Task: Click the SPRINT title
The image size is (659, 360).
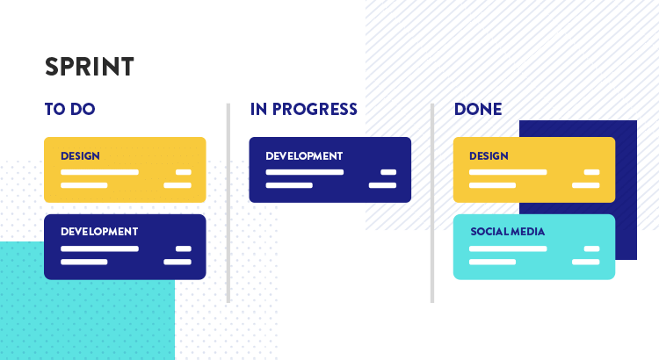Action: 90,67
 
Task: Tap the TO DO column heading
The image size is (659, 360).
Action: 69,109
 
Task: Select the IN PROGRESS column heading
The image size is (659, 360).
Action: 303,109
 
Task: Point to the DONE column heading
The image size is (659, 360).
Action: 478,109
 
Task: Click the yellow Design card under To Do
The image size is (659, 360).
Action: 125,169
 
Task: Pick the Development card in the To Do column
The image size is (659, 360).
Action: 125,247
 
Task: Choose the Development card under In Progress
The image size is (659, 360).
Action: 329,169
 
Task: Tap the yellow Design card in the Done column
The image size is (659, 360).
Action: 534,169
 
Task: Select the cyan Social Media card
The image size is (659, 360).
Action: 534,247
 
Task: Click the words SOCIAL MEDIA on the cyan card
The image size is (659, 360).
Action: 507,232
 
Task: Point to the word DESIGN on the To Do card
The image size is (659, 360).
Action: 80,155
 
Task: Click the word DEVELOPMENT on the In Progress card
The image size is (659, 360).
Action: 304,155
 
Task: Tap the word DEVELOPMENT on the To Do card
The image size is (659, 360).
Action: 99,232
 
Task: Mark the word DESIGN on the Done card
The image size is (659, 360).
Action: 489,155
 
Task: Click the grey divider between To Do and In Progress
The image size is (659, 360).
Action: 228,203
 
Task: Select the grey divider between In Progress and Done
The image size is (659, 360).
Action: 432,203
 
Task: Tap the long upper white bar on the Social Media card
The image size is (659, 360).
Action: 508,248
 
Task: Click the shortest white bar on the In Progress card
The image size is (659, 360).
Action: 388,172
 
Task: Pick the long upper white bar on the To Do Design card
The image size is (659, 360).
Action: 99,172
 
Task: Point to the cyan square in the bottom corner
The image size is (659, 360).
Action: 87,301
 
